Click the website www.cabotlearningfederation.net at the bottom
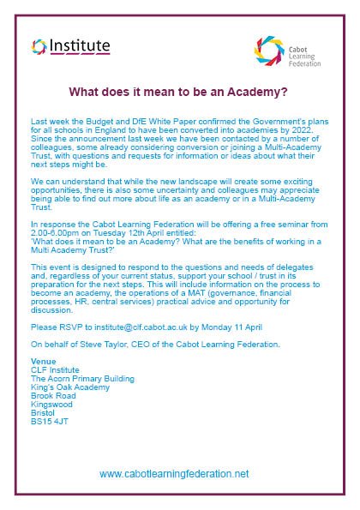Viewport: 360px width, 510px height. (x=174, y=473)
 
